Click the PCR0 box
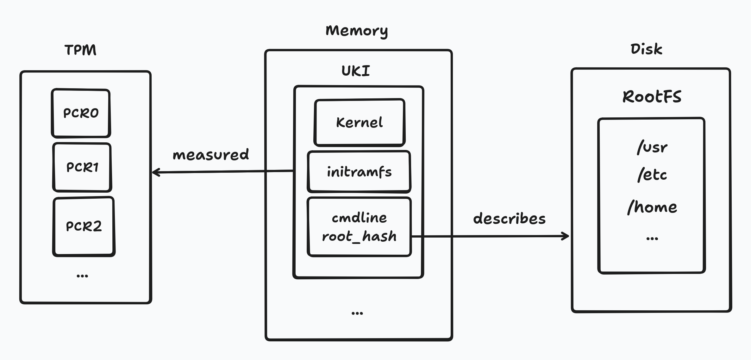81,113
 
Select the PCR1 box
82,167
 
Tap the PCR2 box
84,226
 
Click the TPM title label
80,50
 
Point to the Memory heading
357,31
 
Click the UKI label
356,71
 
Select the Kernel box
359,122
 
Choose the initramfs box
359,172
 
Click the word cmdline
359,218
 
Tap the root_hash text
359,236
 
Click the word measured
211,154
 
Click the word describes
509,219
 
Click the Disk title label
646,49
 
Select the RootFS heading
652,96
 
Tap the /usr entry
652,147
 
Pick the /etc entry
652,175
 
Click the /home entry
652,207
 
